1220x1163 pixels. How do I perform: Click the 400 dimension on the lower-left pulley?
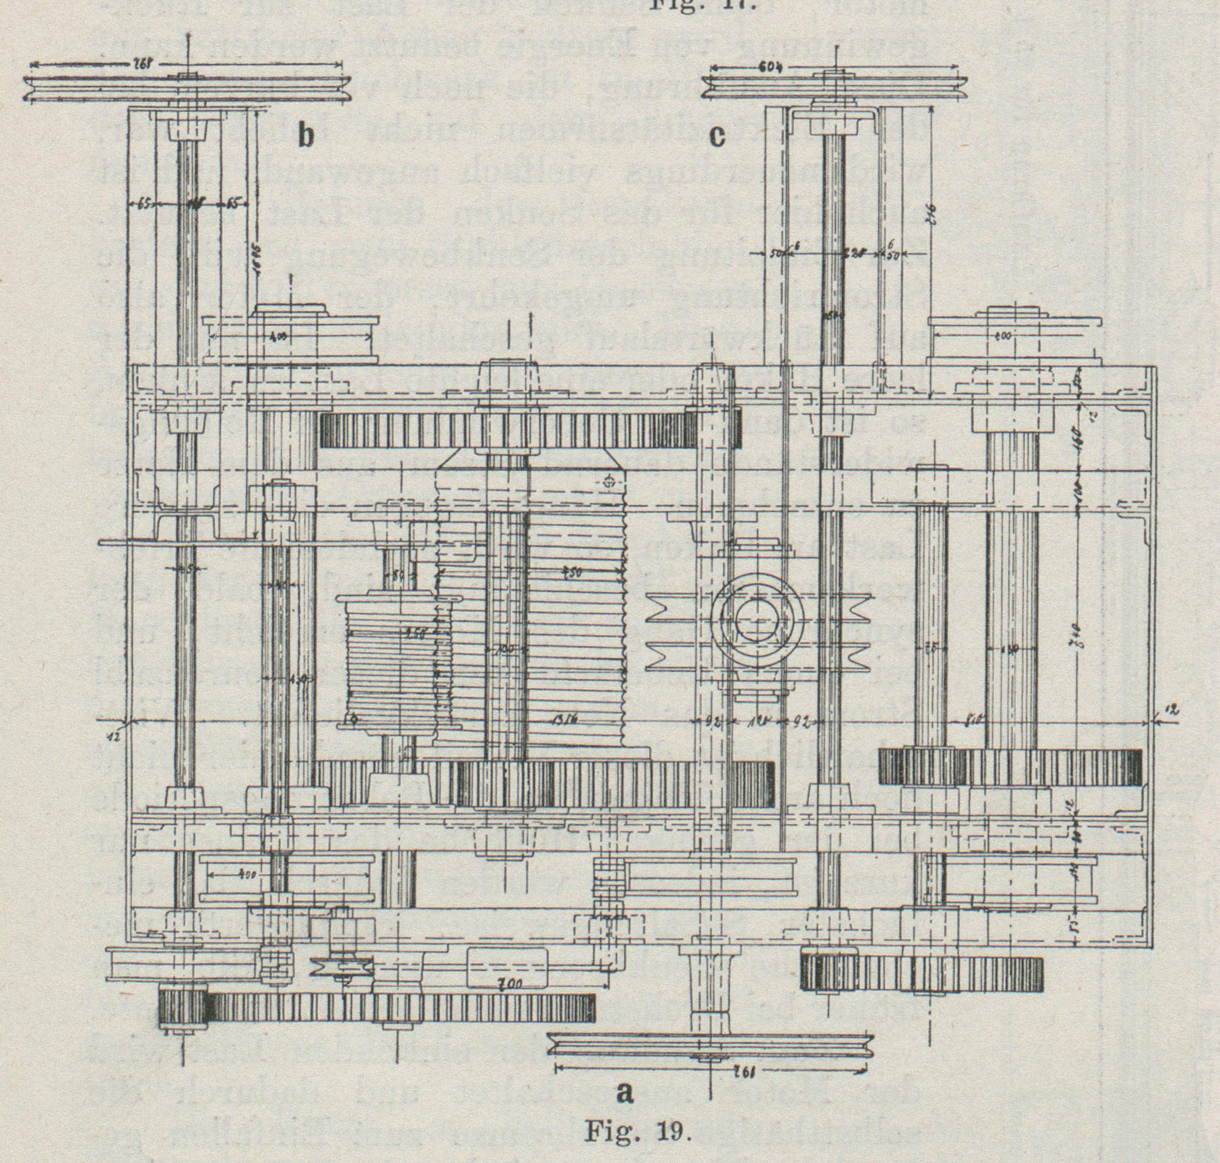click(247, 875)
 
